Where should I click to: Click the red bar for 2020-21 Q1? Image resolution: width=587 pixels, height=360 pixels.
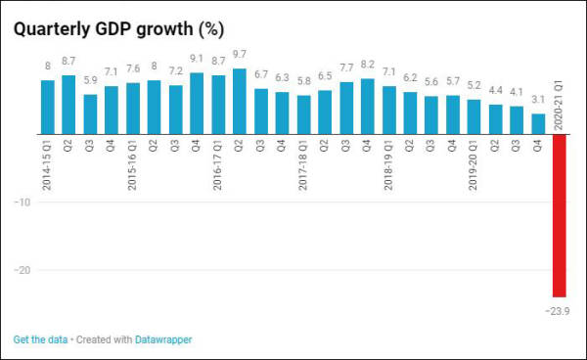[560, 215]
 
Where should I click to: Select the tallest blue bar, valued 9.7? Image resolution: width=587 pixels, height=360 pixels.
[240, 102]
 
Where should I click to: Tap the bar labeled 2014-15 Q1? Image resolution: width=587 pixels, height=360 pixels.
[47, 108]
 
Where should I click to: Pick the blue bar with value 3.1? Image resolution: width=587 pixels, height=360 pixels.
[538, 124]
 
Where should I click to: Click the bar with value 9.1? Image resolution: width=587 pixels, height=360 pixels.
[197, 104]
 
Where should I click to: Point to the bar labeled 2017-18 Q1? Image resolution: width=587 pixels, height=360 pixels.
[303, 115]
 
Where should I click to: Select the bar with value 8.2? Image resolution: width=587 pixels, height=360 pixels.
[368, 107]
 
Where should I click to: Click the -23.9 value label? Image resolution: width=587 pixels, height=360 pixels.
[557, 311]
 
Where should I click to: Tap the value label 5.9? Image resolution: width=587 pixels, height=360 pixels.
[90, 81]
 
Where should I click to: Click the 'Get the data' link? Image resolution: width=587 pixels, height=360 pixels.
[40, 340]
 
